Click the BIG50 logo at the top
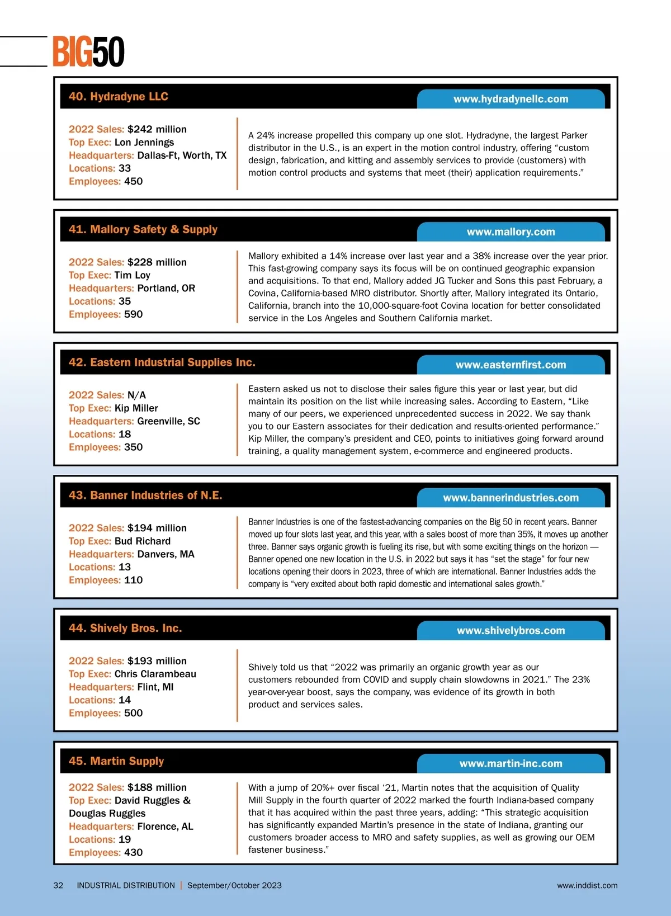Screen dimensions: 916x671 pyautogui.click(x=88, y=52)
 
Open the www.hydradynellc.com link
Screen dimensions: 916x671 pyautogui.click(x=511, y=99)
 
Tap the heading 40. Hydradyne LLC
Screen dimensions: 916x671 pyautogui.click(x=119, y=97)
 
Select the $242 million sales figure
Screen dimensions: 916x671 pyautogui.click(x=157, y=129)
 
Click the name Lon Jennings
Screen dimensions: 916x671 pyautogui.click(x=144, y=143)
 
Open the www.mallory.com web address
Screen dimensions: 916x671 pyautogui.click(x=511, y=232)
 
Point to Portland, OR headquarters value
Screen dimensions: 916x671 pyautogui.click(x=166, y=289)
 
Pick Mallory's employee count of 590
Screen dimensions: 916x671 pyautogui.click(x=133, y=314)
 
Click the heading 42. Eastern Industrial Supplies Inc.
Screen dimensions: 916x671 pyautogui.click(x=162, y=362)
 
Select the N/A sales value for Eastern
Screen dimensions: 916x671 pyautogui.click(x=136, y=395)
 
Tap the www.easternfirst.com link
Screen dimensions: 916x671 pyautogui.click(x=511, y=365)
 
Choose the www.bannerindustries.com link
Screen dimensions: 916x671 pyautogui.click(x=511, y=498)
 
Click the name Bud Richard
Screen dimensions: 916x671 pyautogui.click(x=143, y=541)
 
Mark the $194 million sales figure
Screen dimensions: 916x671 pyautogui.click(x=157, y=528)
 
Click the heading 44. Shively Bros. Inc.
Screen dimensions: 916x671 pyautogui.click(x=125, y=629)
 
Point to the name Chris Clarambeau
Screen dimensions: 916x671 pyautogui.click(x=155, y=674)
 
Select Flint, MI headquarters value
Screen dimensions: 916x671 pyautogui.click(x=155, y=687)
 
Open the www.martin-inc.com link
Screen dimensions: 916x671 pyautogui.click(x=511, y=764)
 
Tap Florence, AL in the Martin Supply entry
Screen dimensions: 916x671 pyautogui.click(x=165, y=827)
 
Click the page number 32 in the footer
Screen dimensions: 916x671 pyautogui.click(x=58, y=886)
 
